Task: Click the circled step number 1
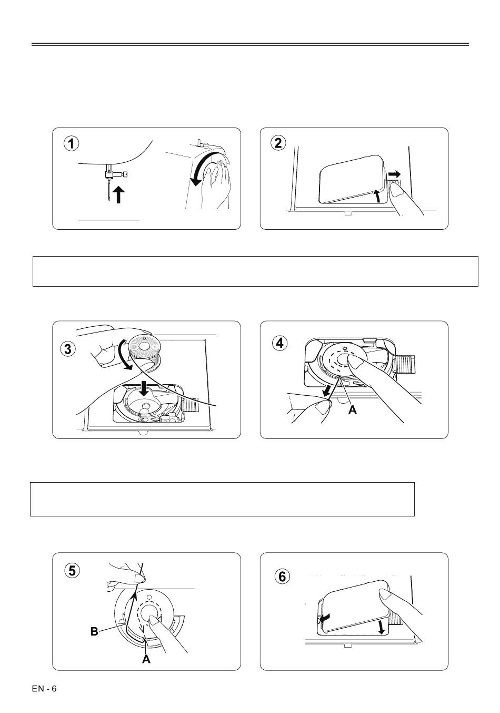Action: pyautogui.click(x=72, y=143)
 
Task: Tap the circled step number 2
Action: pyautogui.click(x=278, y=143)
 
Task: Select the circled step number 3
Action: pyautogui.click(x=68, y=349)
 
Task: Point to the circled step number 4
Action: pyautogui.click(x=280, y=343)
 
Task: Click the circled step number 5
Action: pyautogui.click(x=73, y=570)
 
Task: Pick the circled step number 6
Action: pyautogui.click(x=282, y=576)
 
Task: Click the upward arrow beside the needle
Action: pyautogui.click(x=118, y=194)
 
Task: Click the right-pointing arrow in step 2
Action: pyautogui.click(x=394, y=174)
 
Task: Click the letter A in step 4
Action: pyautogui.click(x=352, y=409)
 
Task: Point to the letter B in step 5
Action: pyautogui.click(x=94, y=631)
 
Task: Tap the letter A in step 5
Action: pyautogui.click(x=146, y=659)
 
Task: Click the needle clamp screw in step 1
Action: pyautogui.click(x=122, y=174)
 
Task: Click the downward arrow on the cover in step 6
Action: pyautogui.click(x=382, y=628)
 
